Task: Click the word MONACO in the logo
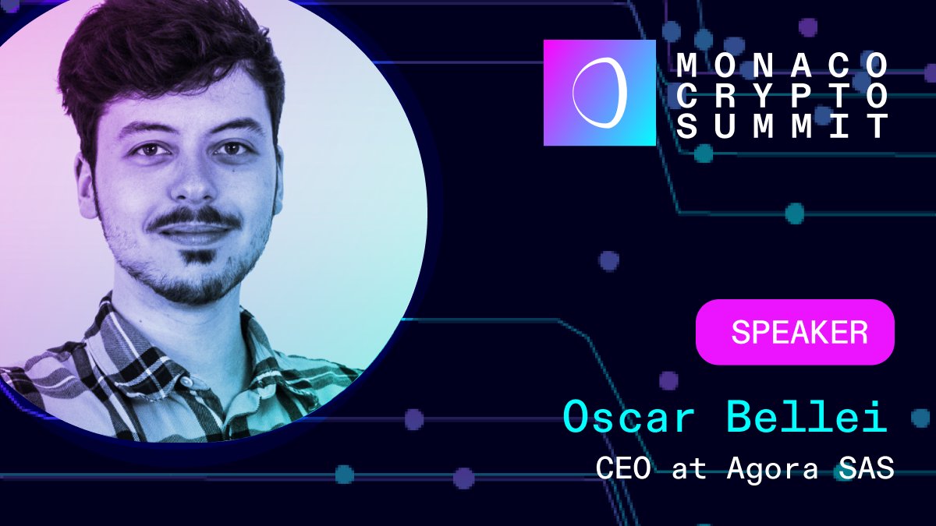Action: coord(782,63)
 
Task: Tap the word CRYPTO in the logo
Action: coord(782,95)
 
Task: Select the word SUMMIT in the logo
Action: coord(782,126)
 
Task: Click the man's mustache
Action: coord(193,218)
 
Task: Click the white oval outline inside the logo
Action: coord(599,93)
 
